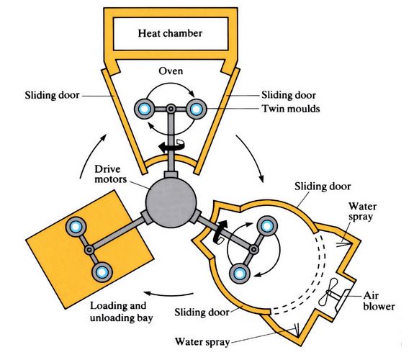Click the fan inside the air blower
click(x=332, y=294)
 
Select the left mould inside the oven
click(x=143, y=109)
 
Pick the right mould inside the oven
click(x=196, y=109)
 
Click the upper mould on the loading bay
click(x=75, y=227)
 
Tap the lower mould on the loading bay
click(x=102, y=271)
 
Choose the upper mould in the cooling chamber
click(x=266, y=225)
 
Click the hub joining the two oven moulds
click(x=170, y=109)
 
